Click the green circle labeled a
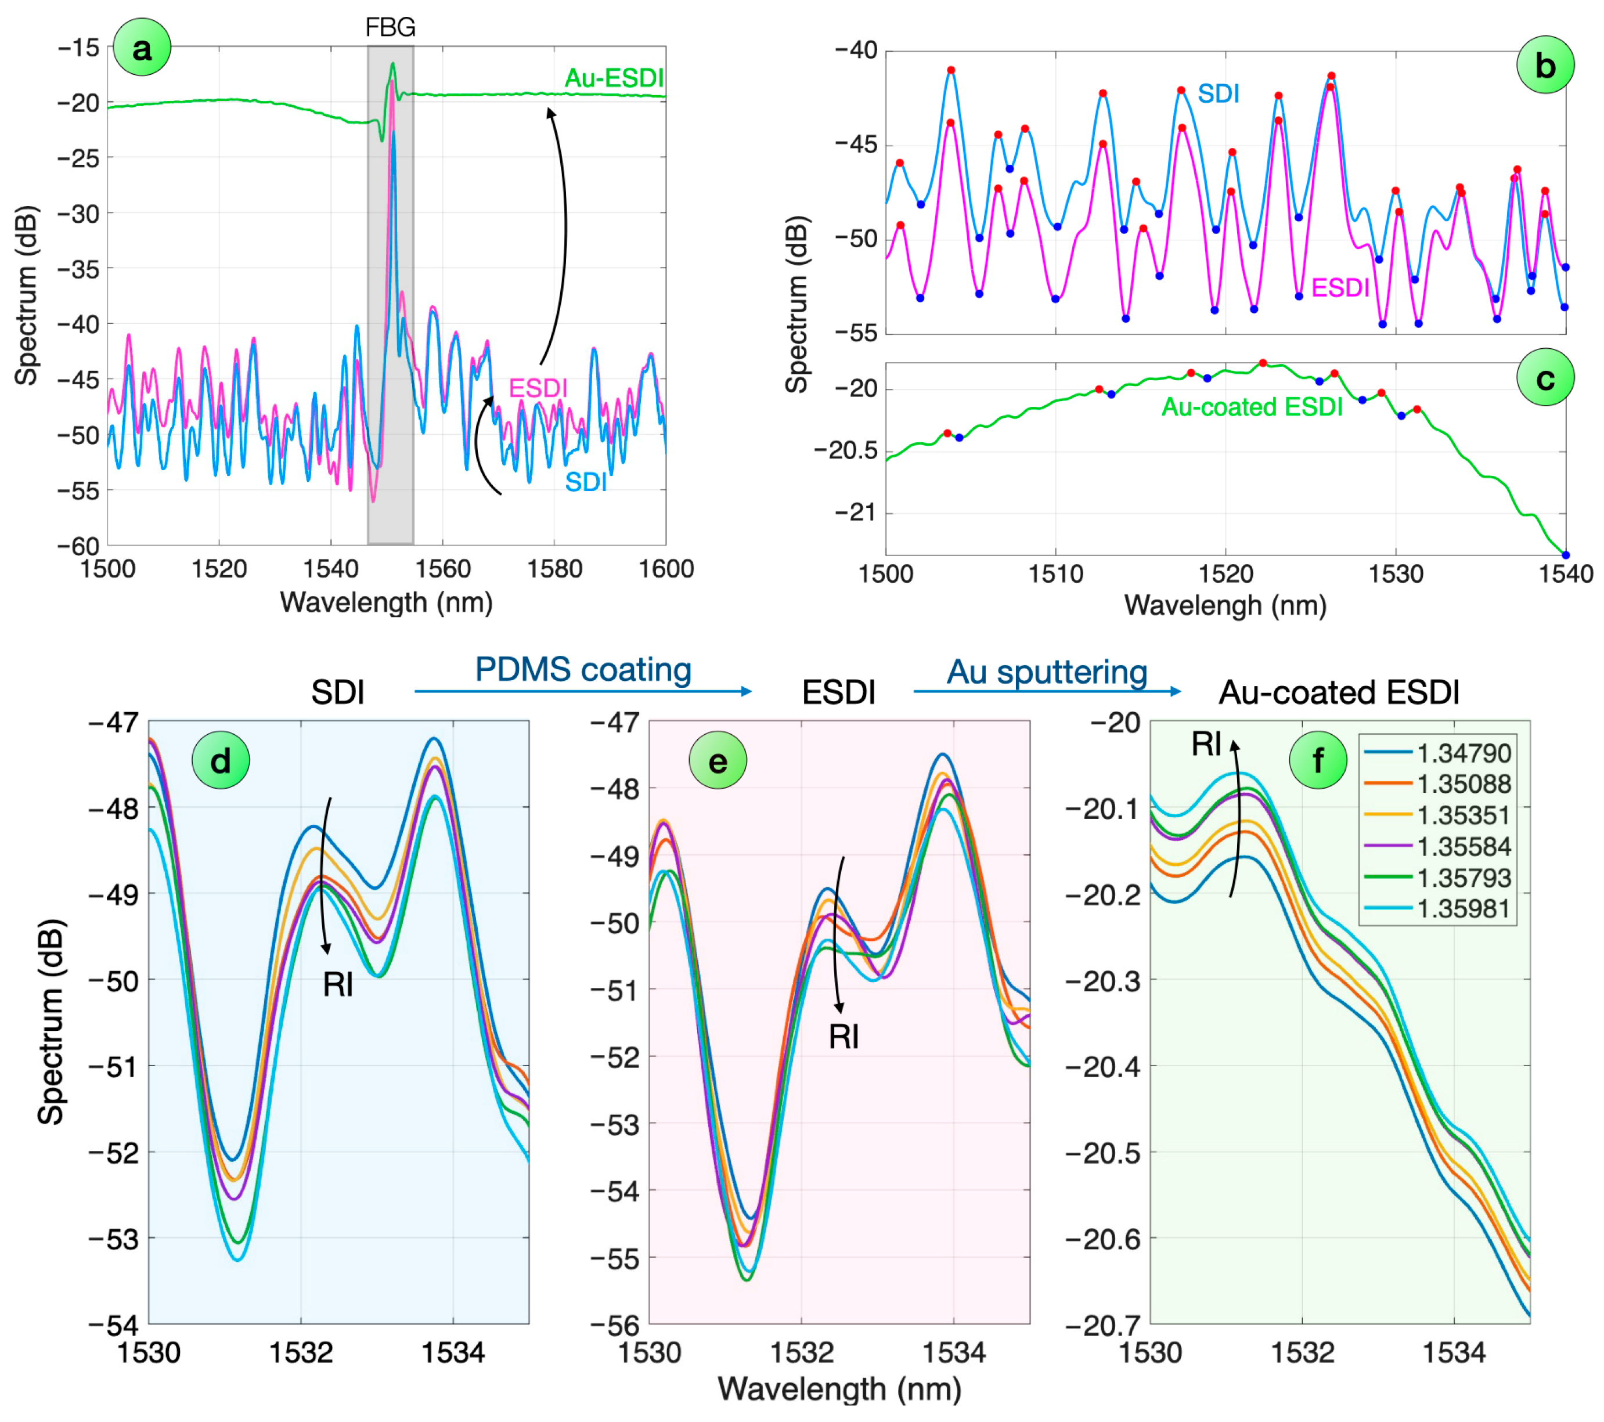click(142, 48)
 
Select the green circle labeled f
click(1318, 760)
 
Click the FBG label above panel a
click(390, 27)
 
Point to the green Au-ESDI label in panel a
click(614, 78)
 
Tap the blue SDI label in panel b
click(1218, 93)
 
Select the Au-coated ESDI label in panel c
click(1252, 406)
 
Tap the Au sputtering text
click(1047, 673)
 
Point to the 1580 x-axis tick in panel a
click(554, 568)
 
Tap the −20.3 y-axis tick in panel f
click(1102, 981)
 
